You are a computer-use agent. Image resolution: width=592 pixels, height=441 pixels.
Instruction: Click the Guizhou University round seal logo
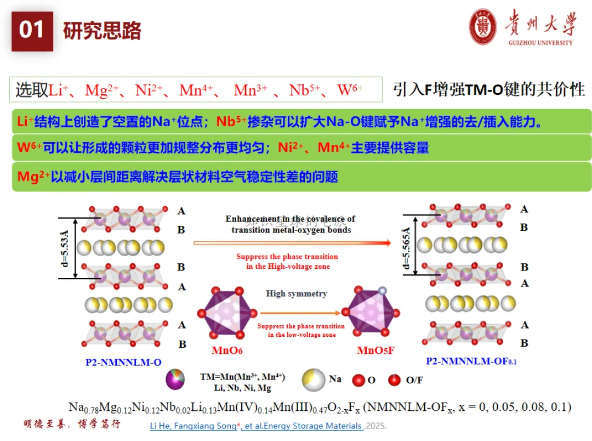coord(483,27)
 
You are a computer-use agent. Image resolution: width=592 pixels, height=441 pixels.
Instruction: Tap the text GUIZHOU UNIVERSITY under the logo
coord(540,43)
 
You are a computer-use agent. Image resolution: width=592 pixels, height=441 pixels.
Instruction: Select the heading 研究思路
coord(103,31)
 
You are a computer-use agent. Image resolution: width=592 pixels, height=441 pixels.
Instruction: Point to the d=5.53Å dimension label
coord(65,247)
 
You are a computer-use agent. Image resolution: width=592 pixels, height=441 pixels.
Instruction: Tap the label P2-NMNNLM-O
coord(123,362)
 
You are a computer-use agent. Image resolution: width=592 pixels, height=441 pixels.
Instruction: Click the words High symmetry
coord(297,293)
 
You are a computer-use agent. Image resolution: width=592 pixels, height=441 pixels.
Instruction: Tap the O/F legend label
coord(414,380)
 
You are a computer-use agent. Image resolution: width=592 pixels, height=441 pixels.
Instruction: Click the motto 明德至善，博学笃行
coord(72,424)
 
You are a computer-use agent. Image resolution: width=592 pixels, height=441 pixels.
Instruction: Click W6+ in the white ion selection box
coord(350,90)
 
